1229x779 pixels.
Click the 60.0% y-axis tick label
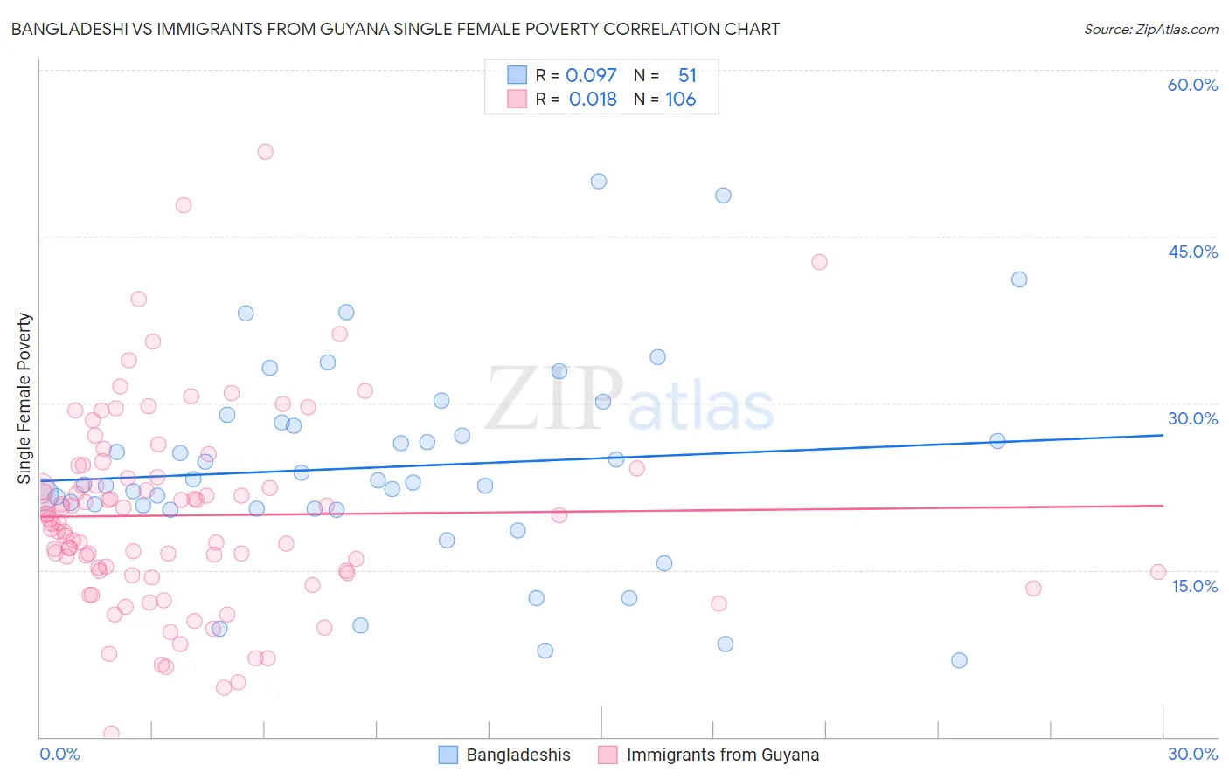point(1192,85)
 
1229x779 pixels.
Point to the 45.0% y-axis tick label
point(1192,252)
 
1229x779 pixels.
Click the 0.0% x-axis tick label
point(59,754)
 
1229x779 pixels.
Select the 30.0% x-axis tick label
point(1192,754)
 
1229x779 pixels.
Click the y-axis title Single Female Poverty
point(24,398)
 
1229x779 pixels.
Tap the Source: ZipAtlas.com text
point(1150,29)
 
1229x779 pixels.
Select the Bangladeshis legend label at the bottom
point(517,755)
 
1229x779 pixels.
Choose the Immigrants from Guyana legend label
point(722,755)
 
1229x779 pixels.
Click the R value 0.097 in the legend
point(591,76)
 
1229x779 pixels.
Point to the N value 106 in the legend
point(680,100)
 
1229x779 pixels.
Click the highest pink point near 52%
point(265,152)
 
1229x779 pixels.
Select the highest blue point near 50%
point(599,182)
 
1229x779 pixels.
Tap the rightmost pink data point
point(1158,572)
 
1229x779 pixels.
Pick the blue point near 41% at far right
point(1019,279)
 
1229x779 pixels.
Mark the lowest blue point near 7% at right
point(959,660)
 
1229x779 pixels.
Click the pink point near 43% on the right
point(819,262)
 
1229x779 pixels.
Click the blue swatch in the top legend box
point(517,75)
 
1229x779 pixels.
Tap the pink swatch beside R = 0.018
point(517,99)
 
